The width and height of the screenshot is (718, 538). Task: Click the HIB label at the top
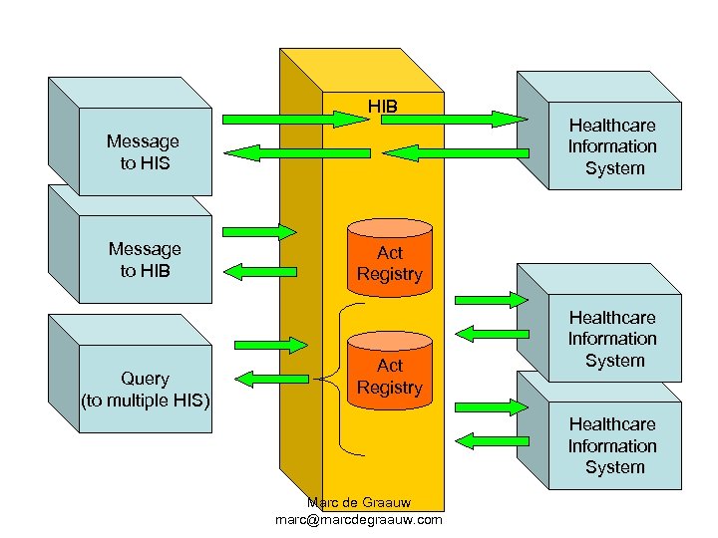pyautogui.click(x=382, y=104)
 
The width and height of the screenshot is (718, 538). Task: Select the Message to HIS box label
pyautogui.click(x=145, y=152)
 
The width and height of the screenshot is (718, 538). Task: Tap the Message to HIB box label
pyautogui.click(x=145, y=259)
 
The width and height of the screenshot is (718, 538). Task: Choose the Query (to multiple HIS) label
pyautogui.click(x=145, y=390)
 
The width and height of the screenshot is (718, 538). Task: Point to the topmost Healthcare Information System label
pyautogui.click(x=612, y=146)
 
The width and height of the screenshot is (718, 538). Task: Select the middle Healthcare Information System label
pyautogui.click(x=612, y=339)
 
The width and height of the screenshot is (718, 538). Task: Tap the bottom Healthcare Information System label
pyautogui.click(x=612, y=445)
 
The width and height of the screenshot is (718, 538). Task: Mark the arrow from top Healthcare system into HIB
pyautogui.click(x=455, y=152)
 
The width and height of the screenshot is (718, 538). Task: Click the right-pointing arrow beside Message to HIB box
pyautogui.click(x=259, y=232)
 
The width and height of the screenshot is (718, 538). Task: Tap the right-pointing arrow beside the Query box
pyautogui.click(x=271, y=346)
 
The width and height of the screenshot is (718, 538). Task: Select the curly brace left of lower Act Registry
pyautogui.click(x=344, y=377)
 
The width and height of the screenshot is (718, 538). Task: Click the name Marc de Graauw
pyautogui.click(x=359, y=503)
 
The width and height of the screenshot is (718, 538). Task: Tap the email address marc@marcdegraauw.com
pyautogui.click(x=359, y=520)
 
